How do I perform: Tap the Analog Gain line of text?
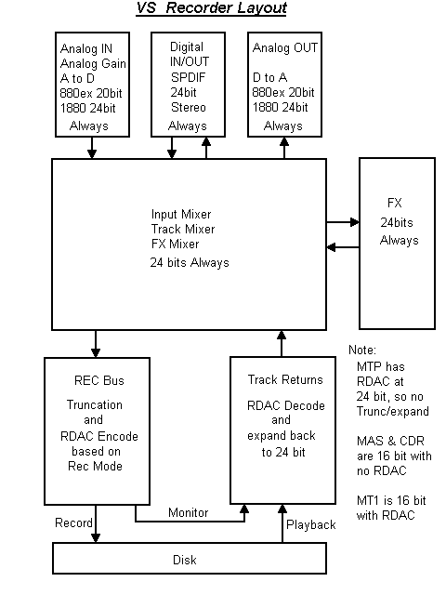click(x=93, y=62)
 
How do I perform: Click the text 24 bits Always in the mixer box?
click(x=190, y=262)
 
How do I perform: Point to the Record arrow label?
click(x=74, y=522)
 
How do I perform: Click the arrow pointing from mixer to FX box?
click(x=343, y=222)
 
